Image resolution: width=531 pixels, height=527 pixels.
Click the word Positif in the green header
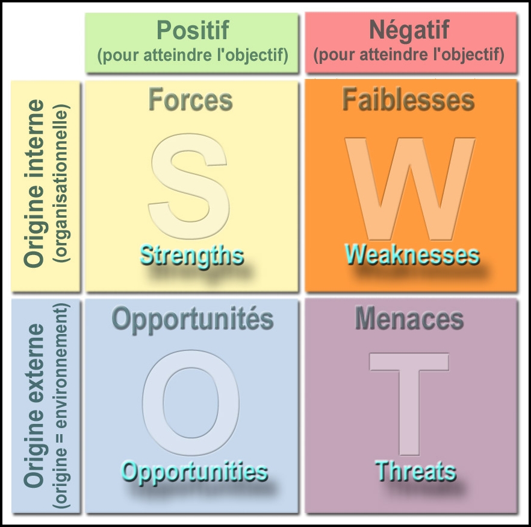click(193, 30)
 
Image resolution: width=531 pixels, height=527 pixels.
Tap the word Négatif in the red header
click(409, 31)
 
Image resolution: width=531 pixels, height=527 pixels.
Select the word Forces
click(191, 99)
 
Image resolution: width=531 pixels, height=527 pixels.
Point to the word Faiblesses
click(408, 99)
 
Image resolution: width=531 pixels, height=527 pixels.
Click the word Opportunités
click(193, 320)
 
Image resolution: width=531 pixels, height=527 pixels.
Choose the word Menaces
click(409, 318)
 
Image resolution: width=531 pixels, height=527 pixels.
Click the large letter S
click(189, 186)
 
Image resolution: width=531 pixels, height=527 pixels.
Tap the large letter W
click(410, 189)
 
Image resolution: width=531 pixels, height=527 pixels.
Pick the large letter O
click(191, 403)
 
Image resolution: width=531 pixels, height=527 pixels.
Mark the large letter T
click(409, 404)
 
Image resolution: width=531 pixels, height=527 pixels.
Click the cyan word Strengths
click(192, 256)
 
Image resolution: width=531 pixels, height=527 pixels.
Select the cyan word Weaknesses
click(412, 254)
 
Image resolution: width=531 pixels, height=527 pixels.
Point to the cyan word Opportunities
click(194, 472)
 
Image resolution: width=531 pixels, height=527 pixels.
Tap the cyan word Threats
click(415, 471)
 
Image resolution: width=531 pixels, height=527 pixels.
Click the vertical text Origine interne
click(34, 183)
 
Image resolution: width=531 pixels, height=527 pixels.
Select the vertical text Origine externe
click(34, 406)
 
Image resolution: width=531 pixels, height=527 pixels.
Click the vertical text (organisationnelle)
click(61, 183)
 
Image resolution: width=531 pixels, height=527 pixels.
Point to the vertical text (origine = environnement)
click(61, 405)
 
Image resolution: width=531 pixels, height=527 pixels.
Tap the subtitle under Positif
click(193, 55)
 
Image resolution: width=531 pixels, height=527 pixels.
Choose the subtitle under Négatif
click(409, 55)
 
